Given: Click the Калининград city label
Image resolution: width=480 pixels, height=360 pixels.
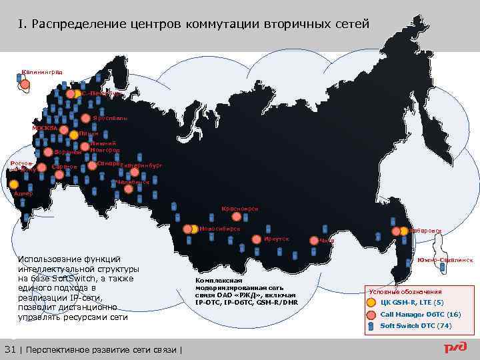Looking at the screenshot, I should tap(41, 71).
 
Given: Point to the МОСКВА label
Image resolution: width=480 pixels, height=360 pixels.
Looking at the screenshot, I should tap(45, 128).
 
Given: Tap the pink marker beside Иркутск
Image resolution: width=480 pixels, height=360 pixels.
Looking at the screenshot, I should tap(258, 237).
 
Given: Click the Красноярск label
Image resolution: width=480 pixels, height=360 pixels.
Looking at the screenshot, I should tap(239, 209).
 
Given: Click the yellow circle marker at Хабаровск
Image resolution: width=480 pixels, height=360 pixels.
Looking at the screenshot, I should tap(405, 231).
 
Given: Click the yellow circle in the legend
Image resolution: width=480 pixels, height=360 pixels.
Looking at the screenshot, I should tap(371, 301).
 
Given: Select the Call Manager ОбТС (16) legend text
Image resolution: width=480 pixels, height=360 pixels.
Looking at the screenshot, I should tap(420, 313).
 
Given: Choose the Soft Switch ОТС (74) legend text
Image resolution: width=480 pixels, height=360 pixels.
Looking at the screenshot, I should tap(415, 325).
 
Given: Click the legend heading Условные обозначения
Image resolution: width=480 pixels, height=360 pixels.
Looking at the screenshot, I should tap(405, 292).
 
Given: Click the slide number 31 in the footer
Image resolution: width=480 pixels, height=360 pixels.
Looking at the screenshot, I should tap(9, 350).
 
